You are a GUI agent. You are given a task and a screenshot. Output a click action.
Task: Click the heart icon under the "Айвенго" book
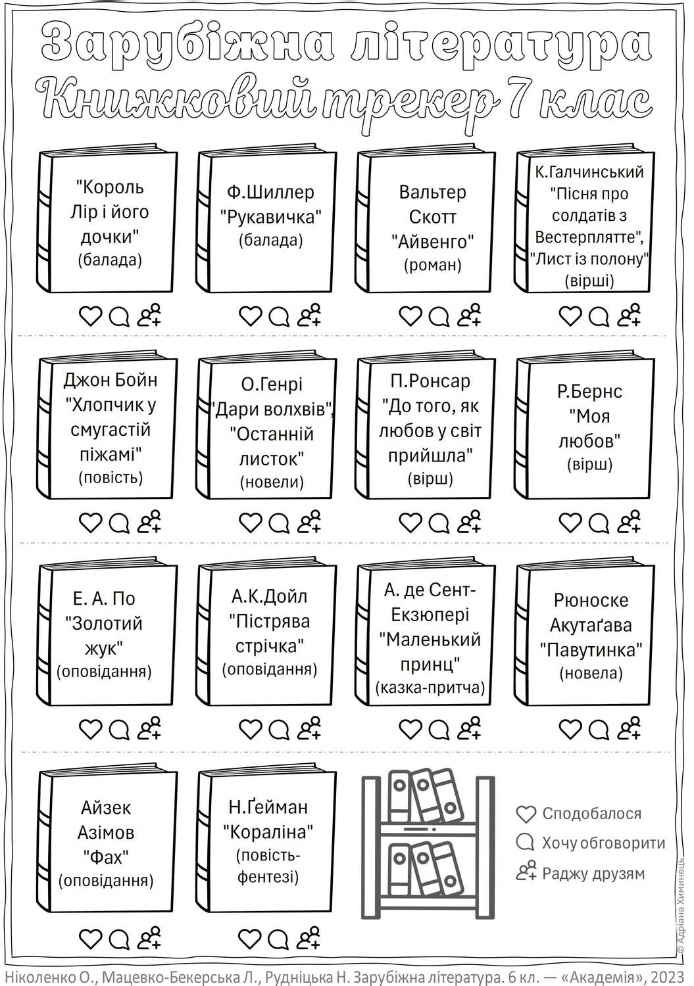coord(410,316)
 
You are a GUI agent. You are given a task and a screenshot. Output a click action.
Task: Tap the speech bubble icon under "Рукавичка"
coord(279,316)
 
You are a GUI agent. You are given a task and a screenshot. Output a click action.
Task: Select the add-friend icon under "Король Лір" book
coord(150,315)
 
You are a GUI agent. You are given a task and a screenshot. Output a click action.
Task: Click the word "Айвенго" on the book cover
coord(432,241)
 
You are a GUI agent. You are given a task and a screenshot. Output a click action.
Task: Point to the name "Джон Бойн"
coord(110,380)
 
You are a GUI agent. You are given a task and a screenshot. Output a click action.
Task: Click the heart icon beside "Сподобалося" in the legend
coord(526,814)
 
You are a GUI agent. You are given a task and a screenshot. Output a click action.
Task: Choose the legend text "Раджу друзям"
coord(593,874)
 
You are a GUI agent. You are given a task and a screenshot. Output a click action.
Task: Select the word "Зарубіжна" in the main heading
coord(187,44)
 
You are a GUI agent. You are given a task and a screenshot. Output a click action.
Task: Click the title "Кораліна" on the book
coord(268,832)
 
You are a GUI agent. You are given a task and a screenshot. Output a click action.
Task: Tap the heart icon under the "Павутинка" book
coord(570,730)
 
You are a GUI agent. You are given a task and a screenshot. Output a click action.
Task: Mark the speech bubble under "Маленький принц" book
coord(439,730)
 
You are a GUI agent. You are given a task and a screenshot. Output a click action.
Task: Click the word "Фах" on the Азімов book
coord(106,857)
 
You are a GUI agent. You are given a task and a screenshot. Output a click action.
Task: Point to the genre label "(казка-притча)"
coord(430,687)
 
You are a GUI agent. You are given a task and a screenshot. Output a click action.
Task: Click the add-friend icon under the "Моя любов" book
coord(630,521)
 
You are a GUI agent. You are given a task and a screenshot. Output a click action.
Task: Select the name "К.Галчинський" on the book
coord(589,172)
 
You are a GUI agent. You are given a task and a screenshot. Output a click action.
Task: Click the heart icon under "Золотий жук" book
coord(90,730)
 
